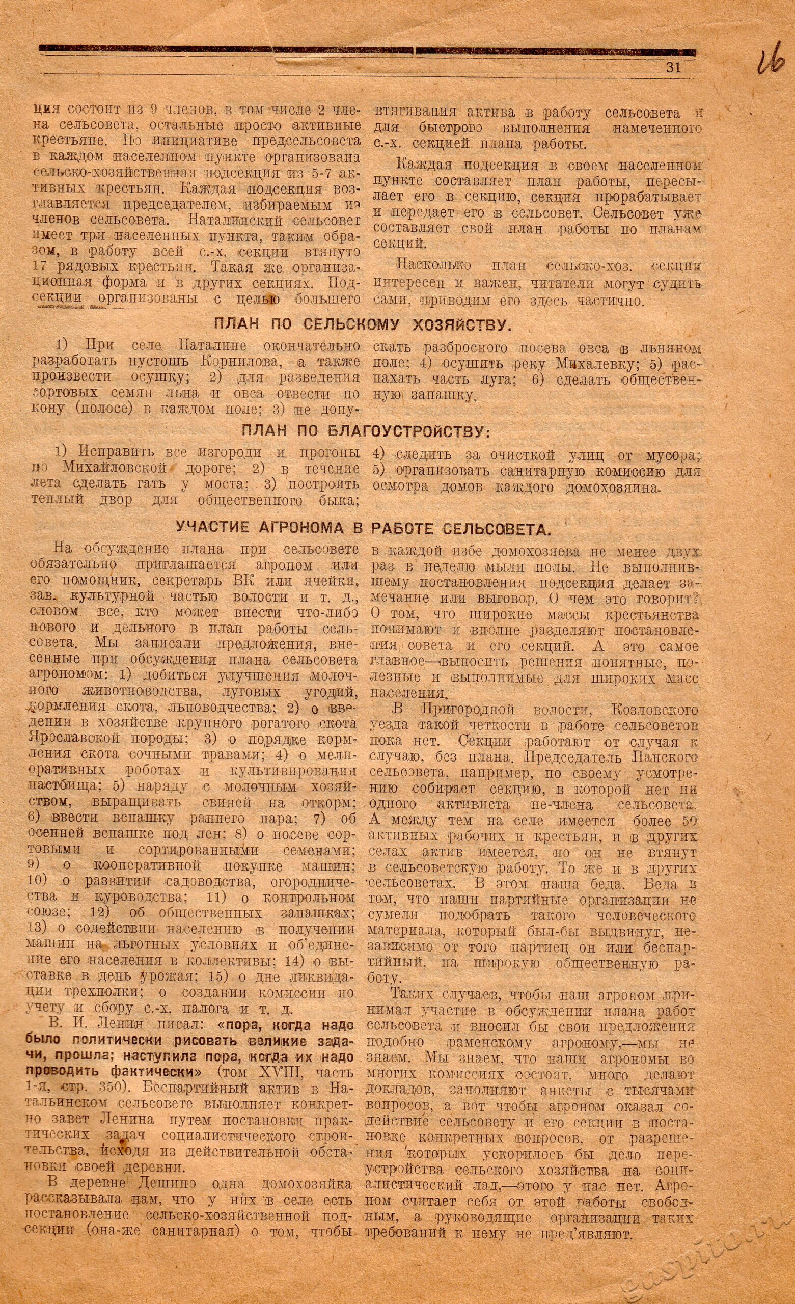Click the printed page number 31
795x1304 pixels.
[672, 67]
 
